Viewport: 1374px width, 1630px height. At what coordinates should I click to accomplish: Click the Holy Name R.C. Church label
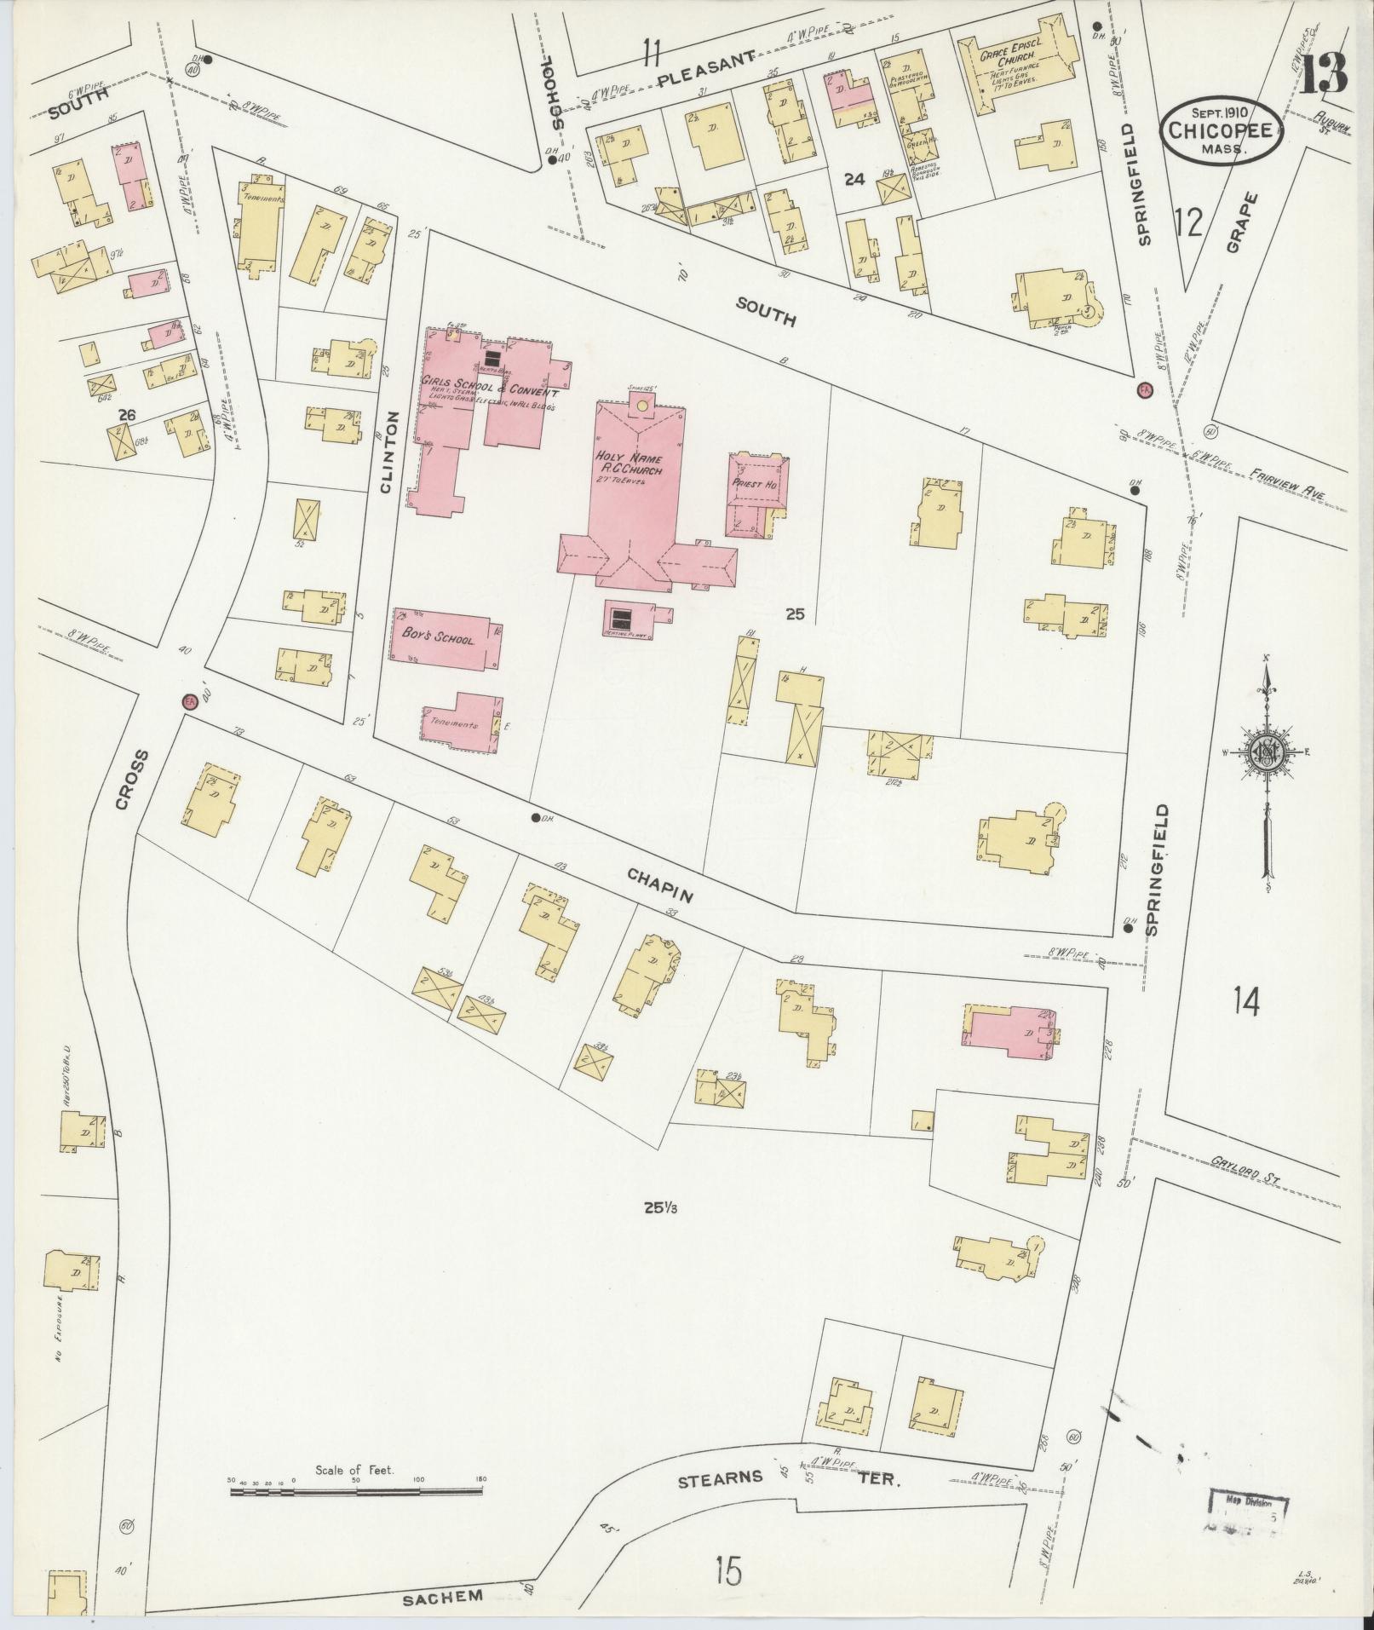(629, 464)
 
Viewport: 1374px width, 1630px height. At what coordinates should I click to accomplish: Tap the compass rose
(1265, 748)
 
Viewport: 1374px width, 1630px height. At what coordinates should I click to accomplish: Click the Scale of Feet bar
(356, 895)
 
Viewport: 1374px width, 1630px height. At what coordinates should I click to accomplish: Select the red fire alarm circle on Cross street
(191, 701)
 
